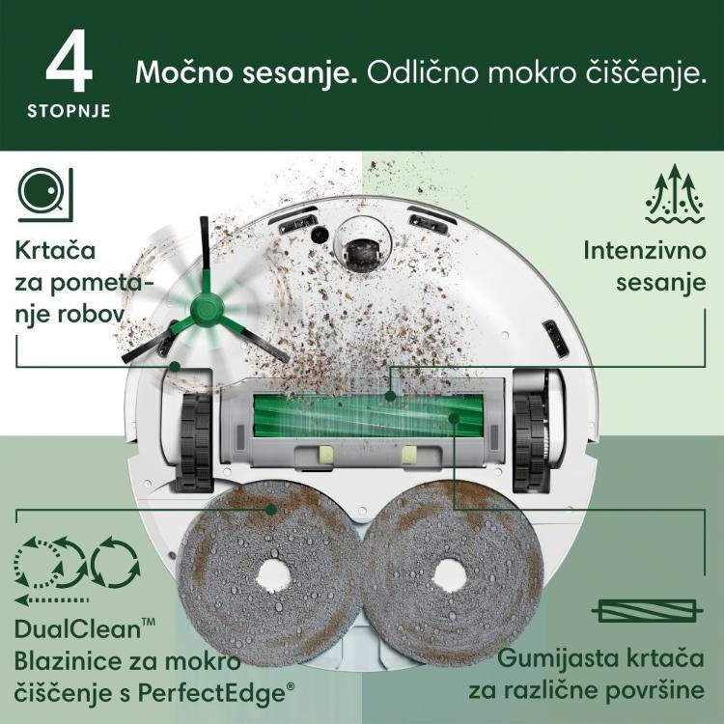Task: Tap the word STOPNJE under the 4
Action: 70,111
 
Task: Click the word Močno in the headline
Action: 184,72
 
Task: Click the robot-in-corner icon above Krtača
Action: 45,194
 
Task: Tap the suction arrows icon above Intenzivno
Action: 675,194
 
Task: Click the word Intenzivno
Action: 645,251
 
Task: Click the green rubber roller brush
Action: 369,415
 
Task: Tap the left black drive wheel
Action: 195,443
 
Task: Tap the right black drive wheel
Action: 531,443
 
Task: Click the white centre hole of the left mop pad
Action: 273,575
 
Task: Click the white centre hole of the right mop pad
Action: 448,575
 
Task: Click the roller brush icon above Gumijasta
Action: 648,611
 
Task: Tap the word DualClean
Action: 77,629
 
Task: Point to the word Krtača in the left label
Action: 55,251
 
